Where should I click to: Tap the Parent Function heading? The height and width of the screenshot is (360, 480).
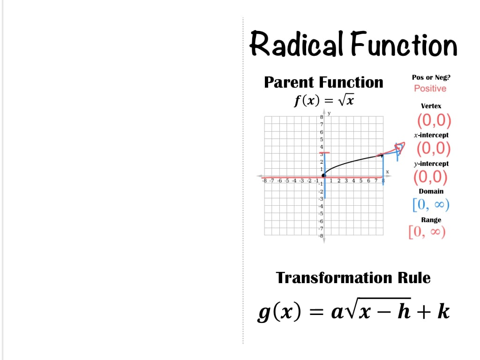click(x=323, y=82)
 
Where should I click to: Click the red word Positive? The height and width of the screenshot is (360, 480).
click(x=430, y=89)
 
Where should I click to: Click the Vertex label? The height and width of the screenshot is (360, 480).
click(x=430, y=106)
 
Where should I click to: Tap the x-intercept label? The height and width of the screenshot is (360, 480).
click(x=430, y=135)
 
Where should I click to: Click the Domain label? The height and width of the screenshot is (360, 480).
click(x=431, y=191)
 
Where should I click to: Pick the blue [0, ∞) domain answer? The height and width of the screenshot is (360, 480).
click(x=431, y=204)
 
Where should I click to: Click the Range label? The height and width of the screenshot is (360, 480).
click(x=431, y=220)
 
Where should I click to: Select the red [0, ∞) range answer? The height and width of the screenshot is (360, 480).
click(x=427, y=232)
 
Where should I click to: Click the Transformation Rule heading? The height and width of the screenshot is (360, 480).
click(x=353, y=277)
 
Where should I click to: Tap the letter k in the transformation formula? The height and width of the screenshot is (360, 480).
click(x=443, y=311)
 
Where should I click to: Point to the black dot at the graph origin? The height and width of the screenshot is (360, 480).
click(x=324, y=175)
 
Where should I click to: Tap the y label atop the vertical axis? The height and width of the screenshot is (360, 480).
click(x=330, y=113)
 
